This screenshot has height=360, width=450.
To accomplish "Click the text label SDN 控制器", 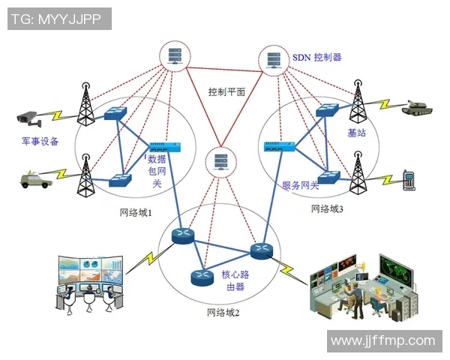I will click(316, 57).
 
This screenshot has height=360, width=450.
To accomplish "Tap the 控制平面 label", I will click(227, 91).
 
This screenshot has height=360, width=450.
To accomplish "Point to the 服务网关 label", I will click(301, 185).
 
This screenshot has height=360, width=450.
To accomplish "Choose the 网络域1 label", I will click(136, 213).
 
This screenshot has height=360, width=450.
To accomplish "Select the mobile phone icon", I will click(409, 179).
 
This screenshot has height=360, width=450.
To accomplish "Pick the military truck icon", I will click(34, 178).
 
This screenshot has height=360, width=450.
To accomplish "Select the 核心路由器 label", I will click(235, 280).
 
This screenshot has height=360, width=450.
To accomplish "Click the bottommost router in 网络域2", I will click(202, 277).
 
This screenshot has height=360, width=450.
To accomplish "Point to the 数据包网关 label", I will click(156, 172).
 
